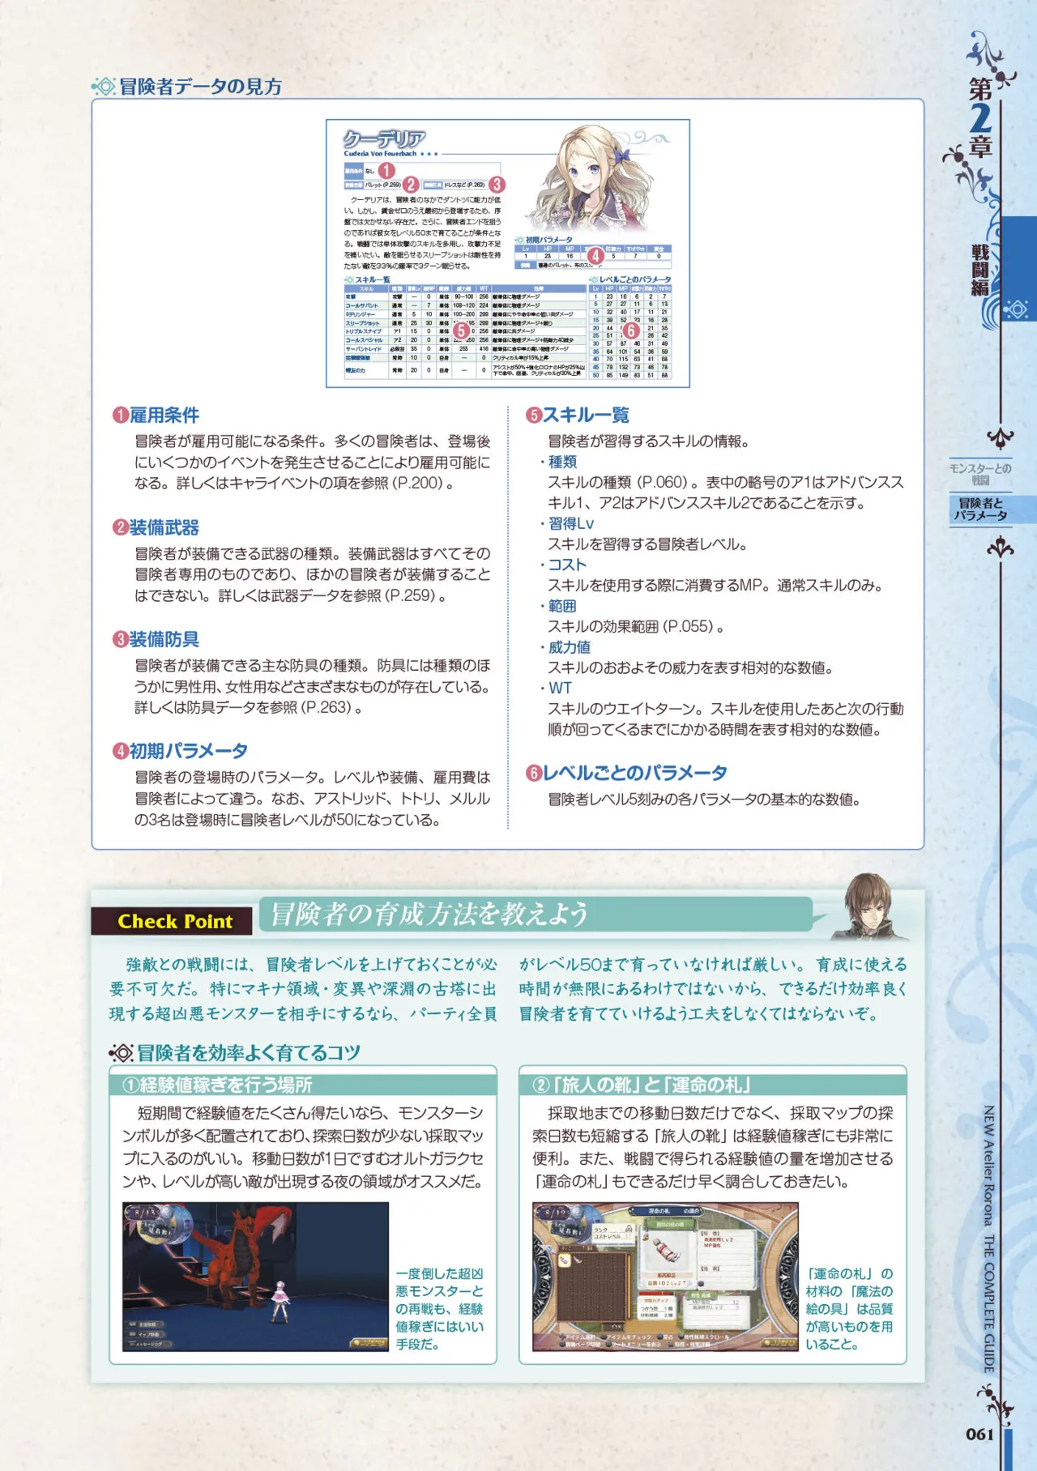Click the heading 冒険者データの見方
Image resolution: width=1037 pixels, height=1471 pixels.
(x=200, y=87)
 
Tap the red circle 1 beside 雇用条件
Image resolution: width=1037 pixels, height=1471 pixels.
(x=121, y=416)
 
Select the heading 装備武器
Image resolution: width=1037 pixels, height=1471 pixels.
(x=164, y=528)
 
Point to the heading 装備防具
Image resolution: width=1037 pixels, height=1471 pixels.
(x=164, y=640)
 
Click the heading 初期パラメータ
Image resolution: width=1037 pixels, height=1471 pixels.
(x=188, y=752)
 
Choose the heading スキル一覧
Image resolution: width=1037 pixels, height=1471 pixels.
(x=586, y=416)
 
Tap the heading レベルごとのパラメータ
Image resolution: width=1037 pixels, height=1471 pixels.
(x=634, y=774)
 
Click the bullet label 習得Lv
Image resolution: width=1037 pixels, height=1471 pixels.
(x=571, y=523)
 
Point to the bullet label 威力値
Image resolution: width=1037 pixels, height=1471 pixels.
(x=570, y=647)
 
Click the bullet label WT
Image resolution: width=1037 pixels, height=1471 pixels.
(x=561, y=689)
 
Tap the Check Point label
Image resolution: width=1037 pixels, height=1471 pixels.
(x=174, y=921)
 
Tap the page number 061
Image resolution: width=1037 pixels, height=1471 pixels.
(x=979, y=1434)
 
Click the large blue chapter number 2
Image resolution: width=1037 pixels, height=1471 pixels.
(x=981, y=118)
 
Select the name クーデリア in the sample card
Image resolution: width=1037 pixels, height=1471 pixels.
(x=385, y=139)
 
